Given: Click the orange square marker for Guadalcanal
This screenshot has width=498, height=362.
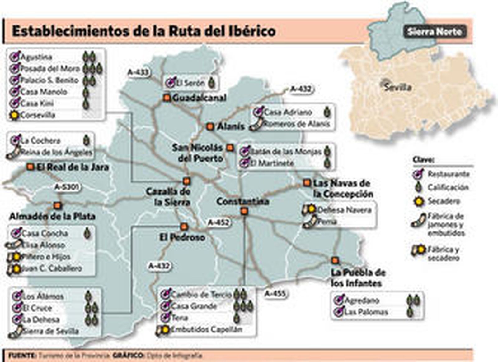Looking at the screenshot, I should [167, 98].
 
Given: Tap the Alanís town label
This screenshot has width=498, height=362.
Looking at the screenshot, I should [231, 126].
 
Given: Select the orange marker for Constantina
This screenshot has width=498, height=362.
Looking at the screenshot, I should [244, 211].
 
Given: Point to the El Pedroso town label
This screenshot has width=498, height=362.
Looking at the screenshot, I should [182, 237].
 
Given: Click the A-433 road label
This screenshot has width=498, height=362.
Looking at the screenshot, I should [138, 72].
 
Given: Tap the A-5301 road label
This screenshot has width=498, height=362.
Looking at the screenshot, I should [67, 187].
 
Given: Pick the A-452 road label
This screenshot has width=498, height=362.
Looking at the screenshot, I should [219, 222].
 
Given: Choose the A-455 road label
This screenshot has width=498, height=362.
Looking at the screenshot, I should [275, 293].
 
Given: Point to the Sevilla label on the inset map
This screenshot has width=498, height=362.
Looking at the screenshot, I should [398, 87].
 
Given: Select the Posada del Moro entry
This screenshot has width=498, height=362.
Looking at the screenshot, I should [50, 68].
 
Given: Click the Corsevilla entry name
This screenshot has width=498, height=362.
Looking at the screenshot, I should [38, 115].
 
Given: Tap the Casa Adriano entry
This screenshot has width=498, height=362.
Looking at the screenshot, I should [288, 112].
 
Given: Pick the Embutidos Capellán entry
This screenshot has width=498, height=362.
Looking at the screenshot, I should [207, 329].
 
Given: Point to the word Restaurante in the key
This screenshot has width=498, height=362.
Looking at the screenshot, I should [448, 174].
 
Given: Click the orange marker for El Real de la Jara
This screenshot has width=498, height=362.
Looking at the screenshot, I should [31, 167].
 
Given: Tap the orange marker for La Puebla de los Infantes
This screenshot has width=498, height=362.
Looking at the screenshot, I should [335, 260].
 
